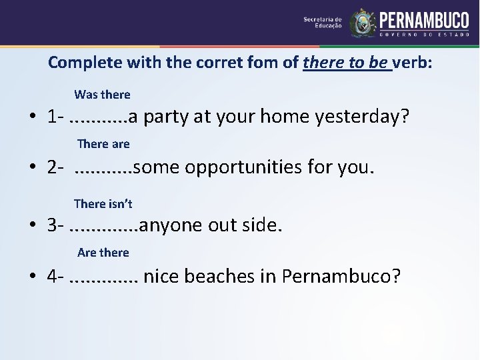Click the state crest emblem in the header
[363, 23]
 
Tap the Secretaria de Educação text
[323, 23]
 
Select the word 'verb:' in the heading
[412, 63]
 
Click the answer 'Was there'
[102, 95]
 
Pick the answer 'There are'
[103, 143]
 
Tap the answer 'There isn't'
[103, 203]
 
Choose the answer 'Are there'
[103, 252]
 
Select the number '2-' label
[55, 167]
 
